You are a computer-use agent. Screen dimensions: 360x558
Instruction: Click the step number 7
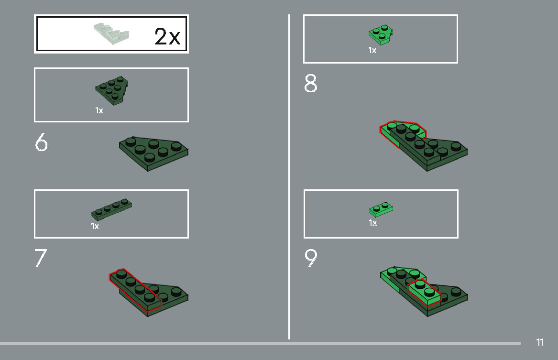pos(41,259)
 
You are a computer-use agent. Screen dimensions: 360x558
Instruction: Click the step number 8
pos(310,84)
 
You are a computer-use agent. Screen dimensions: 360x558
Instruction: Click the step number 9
pos(311,258)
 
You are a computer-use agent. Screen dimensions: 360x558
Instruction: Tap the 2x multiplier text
pos(167,37)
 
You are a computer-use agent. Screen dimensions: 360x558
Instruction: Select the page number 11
pos(540,342)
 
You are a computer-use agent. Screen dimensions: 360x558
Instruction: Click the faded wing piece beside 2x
pos(111,34)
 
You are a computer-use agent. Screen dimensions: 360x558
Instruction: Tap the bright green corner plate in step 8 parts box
pos(381,34)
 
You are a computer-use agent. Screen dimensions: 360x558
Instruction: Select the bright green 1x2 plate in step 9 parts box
pos(381,209)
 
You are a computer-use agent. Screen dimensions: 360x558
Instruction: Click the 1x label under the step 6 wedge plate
pos(99,110)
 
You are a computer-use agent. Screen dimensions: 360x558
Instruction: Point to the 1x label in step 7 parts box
pos(95,226)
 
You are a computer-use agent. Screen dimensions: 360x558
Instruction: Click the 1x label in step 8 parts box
pos(372,50)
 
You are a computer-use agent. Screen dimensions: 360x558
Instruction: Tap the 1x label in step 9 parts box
pos(372,223)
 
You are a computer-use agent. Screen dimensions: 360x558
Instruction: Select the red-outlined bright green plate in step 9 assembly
pos(424,292)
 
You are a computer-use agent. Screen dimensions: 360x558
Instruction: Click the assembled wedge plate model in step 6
pos(154,153)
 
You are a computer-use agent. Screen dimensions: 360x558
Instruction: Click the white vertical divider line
pos(289,177)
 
